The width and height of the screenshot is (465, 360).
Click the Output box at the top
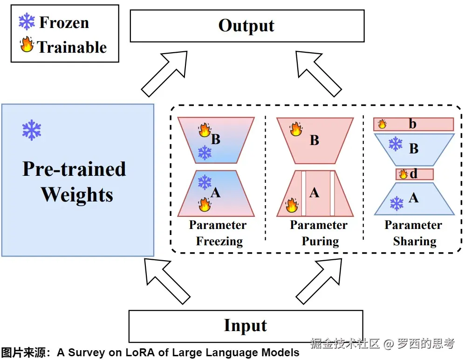coord(246,26)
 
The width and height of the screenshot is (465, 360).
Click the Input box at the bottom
coord(246,325)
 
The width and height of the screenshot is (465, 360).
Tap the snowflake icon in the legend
coord(27,21)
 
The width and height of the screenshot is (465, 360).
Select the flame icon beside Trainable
coord(27,46)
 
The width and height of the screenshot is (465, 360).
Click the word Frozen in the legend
coord(64,22)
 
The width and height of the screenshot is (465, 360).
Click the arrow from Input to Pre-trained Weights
coord(166,279)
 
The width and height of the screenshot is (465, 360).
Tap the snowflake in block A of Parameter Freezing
coord(205,182)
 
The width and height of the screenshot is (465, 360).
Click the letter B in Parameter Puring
coord(315,140)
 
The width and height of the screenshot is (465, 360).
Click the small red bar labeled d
coord(414,174)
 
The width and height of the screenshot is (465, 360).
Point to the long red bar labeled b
coord(413,124)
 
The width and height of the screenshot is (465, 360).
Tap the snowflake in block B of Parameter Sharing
coord(396,144)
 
